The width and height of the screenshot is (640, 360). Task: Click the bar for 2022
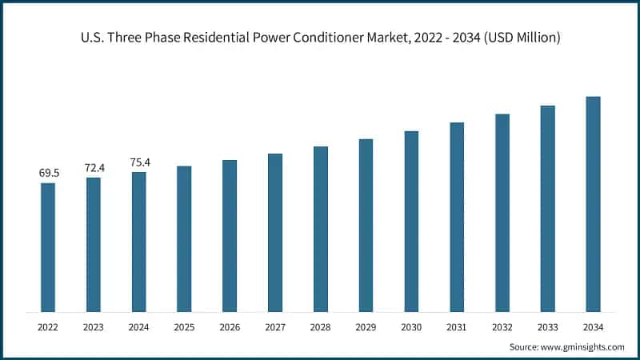(48, 247)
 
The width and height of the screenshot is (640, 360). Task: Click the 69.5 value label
(48, 173)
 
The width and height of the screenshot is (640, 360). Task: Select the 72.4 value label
(94, 167)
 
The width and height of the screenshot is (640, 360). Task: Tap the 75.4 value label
(139, 162)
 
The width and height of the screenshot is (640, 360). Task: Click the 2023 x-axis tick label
(94, 327)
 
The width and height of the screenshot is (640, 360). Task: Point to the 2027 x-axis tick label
(275, 327)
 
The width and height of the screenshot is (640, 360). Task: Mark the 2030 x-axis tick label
(411, 327)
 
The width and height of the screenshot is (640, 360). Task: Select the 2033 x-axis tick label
(547, 327)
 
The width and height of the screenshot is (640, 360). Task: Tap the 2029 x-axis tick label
(366, 327)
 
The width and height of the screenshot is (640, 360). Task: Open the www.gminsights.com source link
(582, 346)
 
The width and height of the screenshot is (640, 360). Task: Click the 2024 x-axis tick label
(139, 327)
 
